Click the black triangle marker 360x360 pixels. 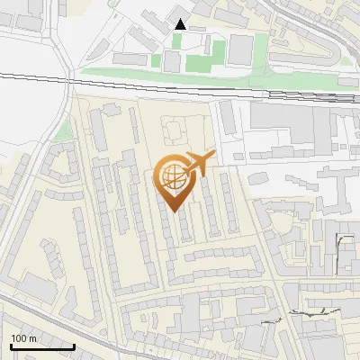181,24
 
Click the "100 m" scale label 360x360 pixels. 23,338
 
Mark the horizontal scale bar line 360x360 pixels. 42,346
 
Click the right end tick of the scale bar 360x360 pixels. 74,345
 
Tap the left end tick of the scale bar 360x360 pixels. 11,345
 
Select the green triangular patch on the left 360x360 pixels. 63,131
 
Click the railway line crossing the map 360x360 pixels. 180,83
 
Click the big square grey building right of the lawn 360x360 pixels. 239,50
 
